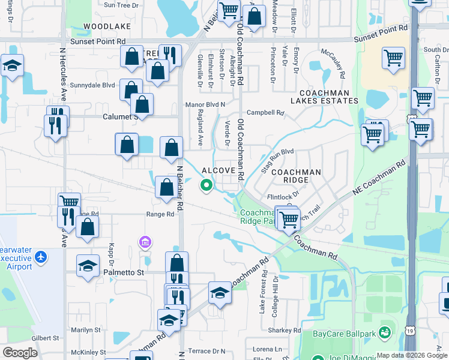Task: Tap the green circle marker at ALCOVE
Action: click(x=207, y=185)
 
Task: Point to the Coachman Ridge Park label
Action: click(x=259, y=217)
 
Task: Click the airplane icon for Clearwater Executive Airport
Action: click(x=41, y=257)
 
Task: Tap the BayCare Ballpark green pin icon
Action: click(x=384, y=332)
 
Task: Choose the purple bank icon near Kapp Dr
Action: click(x=144, y=242)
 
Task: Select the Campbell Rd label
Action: click(x=265, y=112)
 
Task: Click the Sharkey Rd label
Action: click(x=285, y=330)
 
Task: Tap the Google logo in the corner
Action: click(x=20, y=353)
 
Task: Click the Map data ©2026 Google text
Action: click(x=412, y=355)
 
